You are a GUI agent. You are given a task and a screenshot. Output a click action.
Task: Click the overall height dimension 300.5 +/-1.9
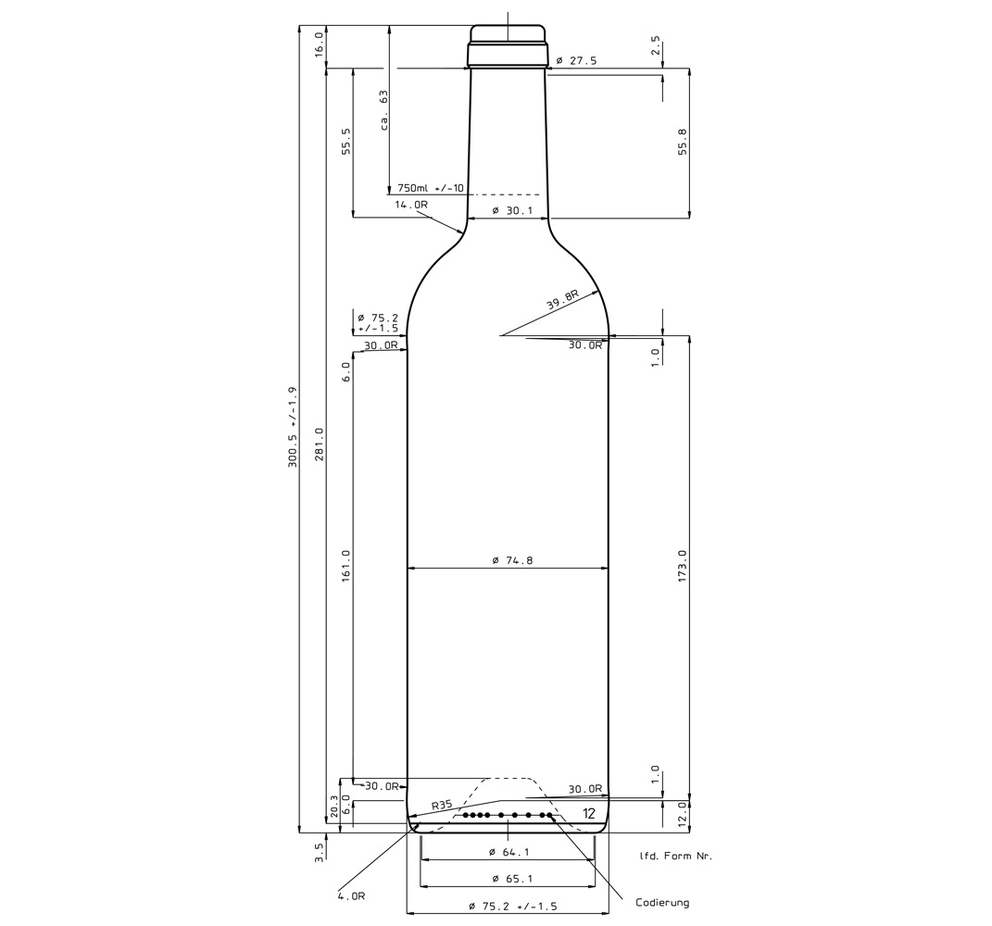coord(293,426)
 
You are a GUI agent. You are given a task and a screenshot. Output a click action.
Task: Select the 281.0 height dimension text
coord(320,444)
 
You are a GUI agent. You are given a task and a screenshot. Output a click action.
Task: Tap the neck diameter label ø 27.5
coord(576,61)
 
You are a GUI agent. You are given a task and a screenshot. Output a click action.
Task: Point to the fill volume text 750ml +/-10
coord(431,188)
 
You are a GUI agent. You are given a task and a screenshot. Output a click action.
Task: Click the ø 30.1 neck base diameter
coord(512,210)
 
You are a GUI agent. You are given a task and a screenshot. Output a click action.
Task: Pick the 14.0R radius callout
coord(411,205)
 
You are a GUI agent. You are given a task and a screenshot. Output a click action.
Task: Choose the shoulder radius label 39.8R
coord(563,298)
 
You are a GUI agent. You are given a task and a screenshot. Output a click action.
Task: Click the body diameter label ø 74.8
coord(512,560)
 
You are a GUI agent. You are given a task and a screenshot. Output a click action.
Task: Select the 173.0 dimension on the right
coord(682,566)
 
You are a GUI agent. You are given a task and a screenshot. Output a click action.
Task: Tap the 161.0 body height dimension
coord(346,566)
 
